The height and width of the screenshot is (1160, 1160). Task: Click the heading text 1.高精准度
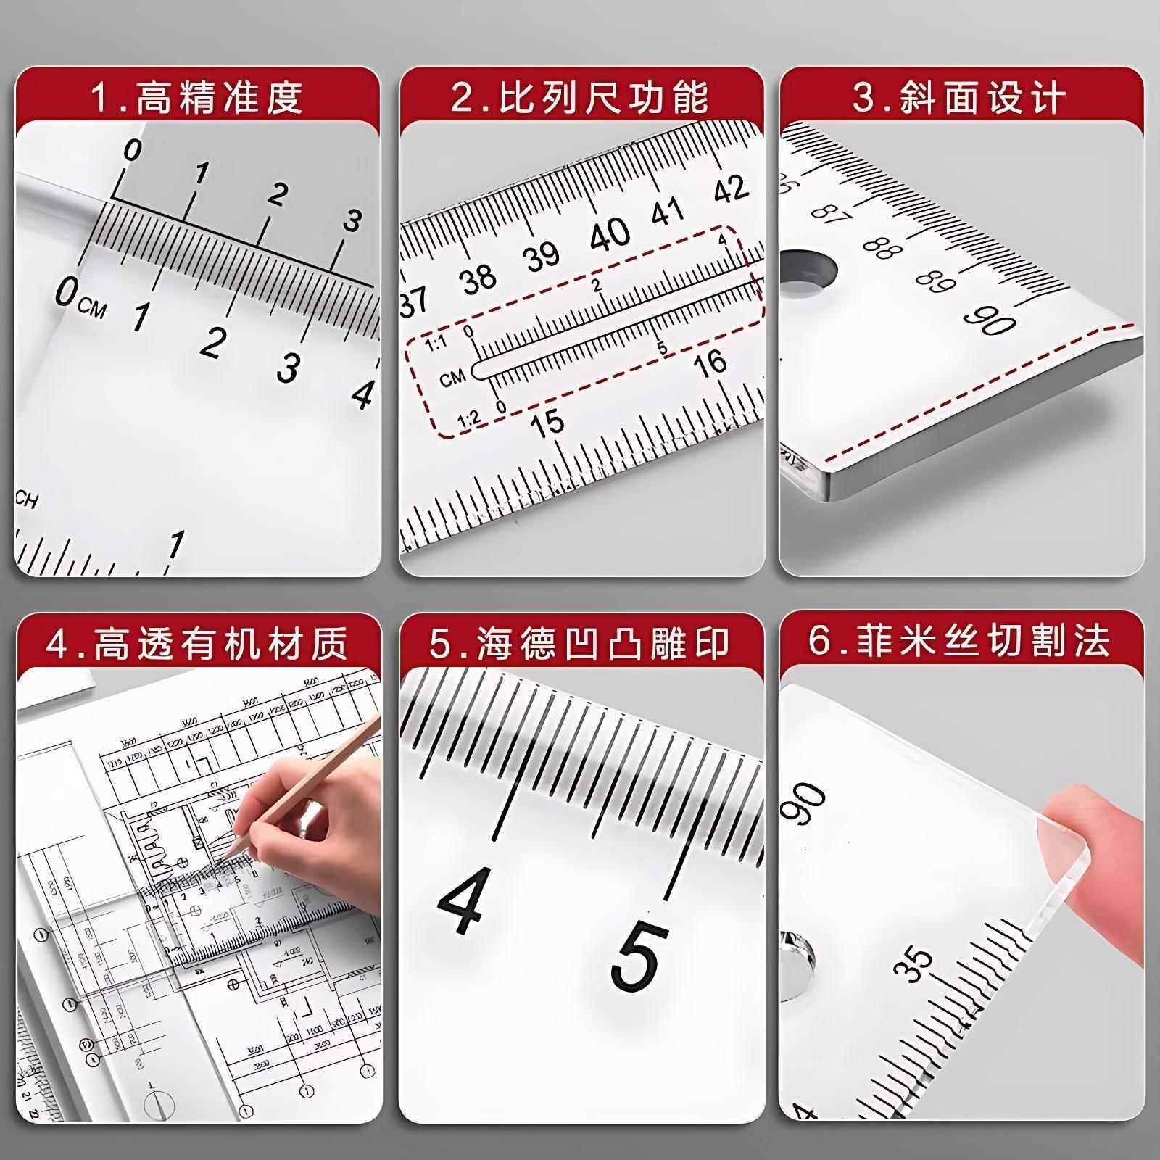click(196, 96)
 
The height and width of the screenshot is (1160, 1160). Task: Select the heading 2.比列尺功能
click(580, 96)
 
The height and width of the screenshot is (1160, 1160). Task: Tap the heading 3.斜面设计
click(960, 96)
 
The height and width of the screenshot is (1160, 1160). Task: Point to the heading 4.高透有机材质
click(196, 643)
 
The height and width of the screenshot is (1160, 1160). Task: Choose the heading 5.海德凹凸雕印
click(580, 643)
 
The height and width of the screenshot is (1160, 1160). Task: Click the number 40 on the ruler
click(610, 235)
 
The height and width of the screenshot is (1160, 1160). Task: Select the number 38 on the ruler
click(479, 278)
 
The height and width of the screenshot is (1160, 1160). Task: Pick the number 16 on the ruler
click(710, 361)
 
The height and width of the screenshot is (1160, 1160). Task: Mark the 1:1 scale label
click(436, 344)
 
